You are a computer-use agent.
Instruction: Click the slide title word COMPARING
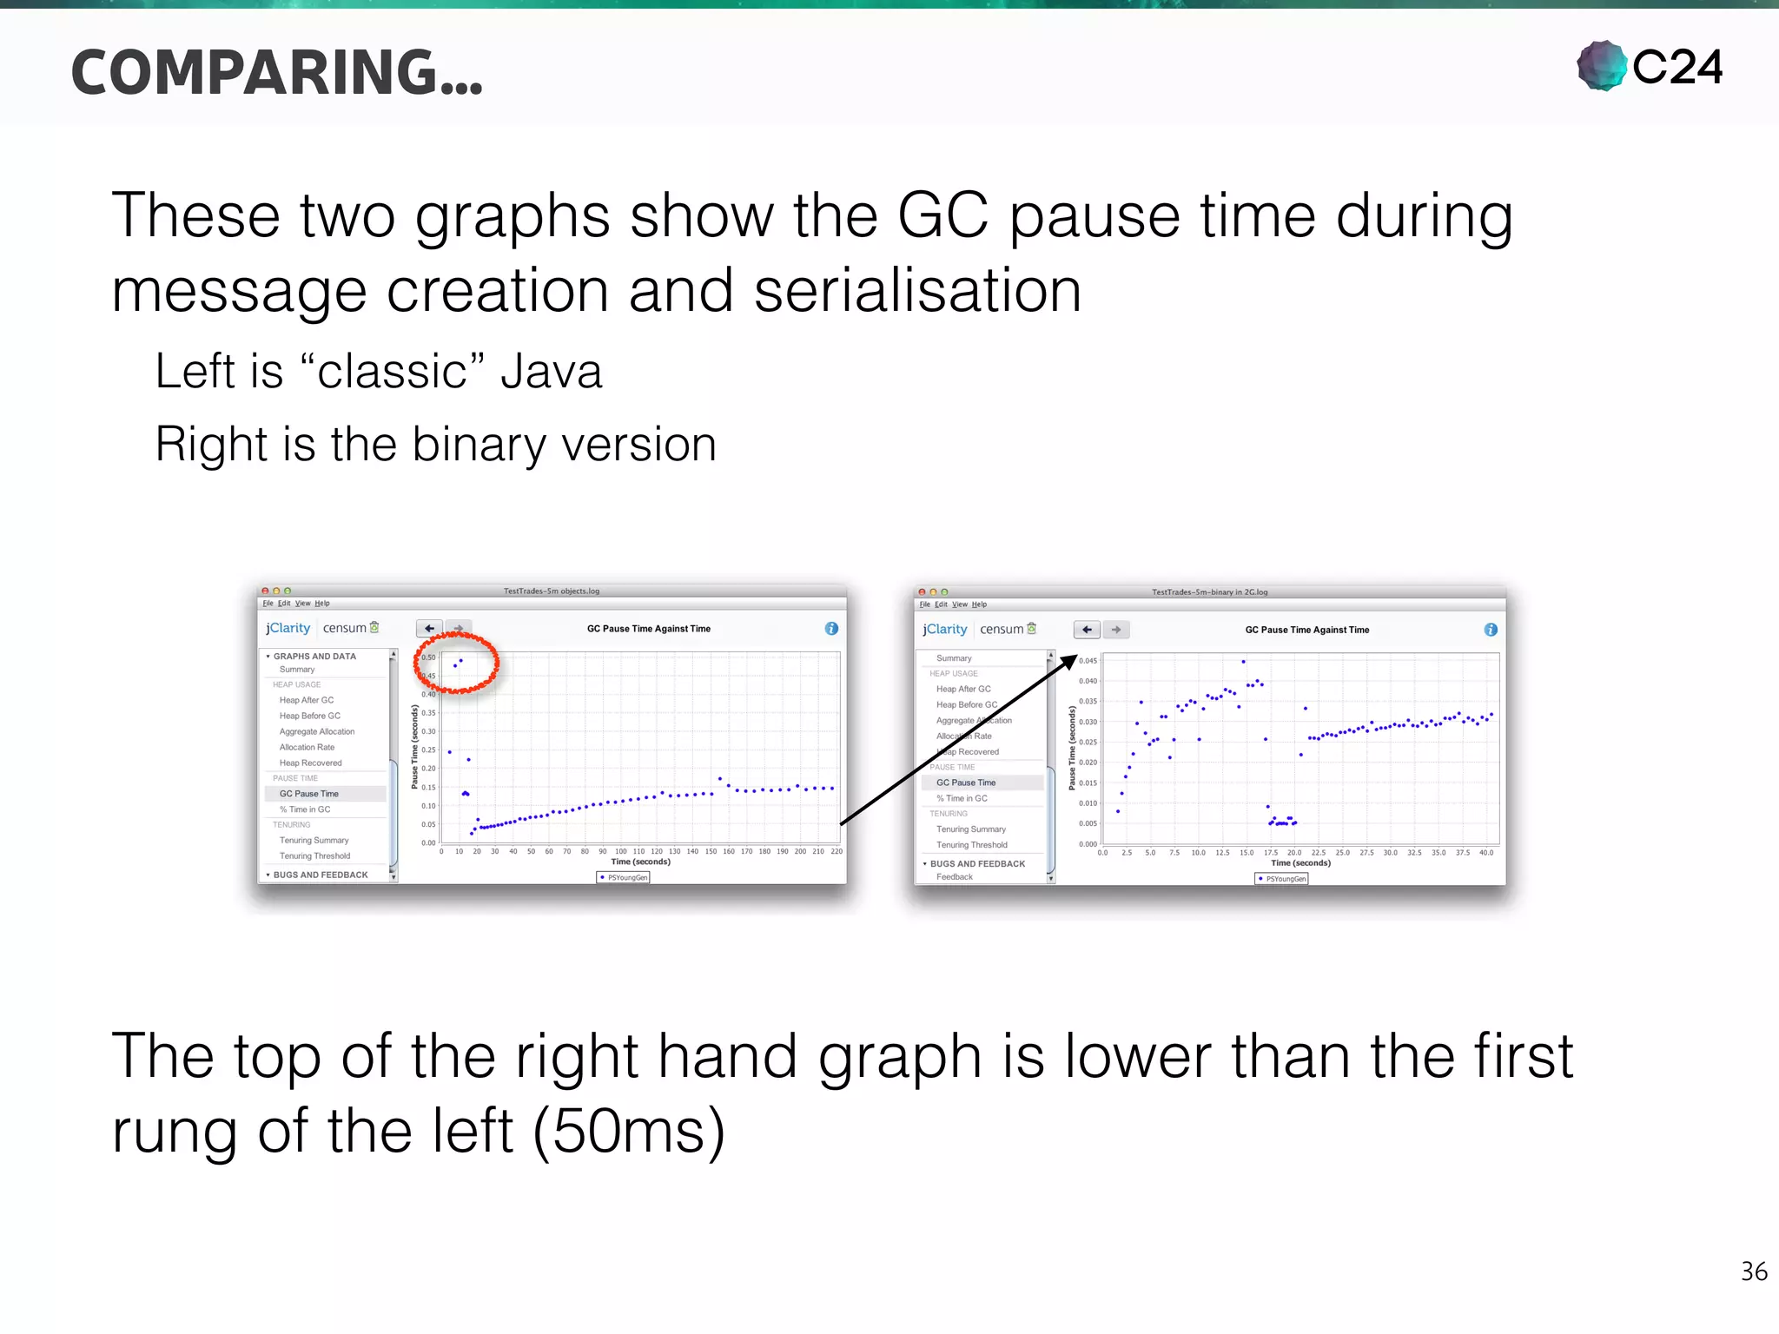(x=276, y=73)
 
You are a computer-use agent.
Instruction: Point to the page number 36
(x=1754, y=1271)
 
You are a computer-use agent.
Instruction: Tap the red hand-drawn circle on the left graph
(x=457, y=663)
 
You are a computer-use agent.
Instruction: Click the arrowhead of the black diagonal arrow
(x=1070, y=662)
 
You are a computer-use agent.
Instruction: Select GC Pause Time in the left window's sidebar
(x=309, y=794)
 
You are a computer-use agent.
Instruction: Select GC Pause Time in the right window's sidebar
(x=966, y=783)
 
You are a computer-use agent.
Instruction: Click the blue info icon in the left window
(x=831, y=628)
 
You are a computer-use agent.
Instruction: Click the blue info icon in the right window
(x=1491, y=630)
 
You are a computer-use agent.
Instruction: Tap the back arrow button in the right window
(x=1087, y=630)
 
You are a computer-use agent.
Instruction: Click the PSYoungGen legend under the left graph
(x=624, y=877)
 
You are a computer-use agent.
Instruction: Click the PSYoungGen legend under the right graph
(x=1282, y=879)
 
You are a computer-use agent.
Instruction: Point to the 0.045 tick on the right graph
(x=1088, y=661)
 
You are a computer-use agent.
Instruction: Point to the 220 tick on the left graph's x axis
(x=837, y=852)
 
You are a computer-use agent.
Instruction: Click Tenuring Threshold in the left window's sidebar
(x=314, y=856)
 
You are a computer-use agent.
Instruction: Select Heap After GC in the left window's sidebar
(x=307, y=700)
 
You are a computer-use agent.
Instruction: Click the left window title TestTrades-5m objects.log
(x=552, y=591)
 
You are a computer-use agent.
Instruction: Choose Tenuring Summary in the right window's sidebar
(x=971, y=829)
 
